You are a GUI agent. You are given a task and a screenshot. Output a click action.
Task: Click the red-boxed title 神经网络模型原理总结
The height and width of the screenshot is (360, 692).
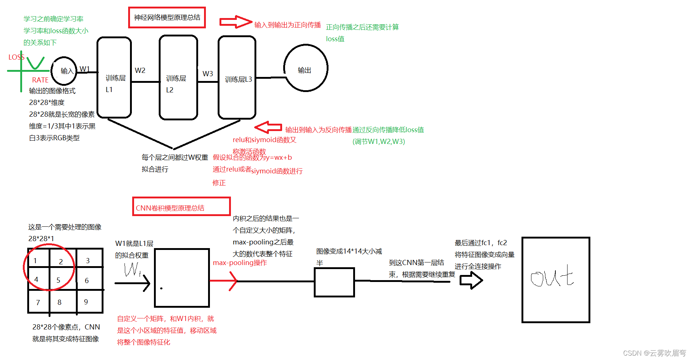point(167,17)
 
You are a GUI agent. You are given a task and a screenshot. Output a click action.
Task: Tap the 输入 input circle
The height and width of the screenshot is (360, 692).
point(64,71)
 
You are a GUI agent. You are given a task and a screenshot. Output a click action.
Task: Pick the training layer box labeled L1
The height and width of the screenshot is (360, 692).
point(114,78)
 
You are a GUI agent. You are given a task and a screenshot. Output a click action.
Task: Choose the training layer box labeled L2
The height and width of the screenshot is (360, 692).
point(178,78)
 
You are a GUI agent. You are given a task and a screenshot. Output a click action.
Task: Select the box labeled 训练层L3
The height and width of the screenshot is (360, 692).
point(237,78)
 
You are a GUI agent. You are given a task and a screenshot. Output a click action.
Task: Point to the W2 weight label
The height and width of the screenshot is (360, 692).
point(140,70)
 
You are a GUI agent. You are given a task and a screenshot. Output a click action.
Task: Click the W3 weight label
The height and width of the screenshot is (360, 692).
point(208,74)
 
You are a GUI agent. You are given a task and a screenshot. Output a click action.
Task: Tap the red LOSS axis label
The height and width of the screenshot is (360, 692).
point(16,57)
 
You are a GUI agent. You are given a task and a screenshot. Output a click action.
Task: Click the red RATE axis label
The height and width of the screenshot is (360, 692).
point(40,80)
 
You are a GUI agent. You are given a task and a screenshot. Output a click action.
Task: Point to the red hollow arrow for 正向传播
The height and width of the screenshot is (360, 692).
point(235,22)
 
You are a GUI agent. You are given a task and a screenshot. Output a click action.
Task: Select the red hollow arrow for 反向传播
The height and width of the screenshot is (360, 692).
point(268,127)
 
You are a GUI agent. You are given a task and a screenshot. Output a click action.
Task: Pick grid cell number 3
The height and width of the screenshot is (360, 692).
point(88,261)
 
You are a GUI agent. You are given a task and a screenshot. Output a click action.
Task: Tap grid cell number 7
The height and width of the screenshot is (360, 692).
point(38,303)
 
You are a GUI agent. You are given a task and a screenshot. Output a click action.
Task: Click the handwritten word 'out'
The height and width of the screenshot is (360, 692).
point(552,277)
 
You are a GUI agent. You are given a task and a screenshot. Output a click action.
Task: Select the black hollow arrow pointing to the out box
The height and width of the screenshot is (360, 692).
point(471,280)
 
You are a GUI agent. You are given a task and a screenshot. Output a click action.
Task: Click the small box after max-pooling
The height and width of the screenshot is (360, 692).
point(334,282)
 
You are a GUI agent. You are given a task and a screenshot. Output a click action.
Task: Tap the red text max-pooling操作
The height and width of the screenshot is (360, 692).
point(240,262)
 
